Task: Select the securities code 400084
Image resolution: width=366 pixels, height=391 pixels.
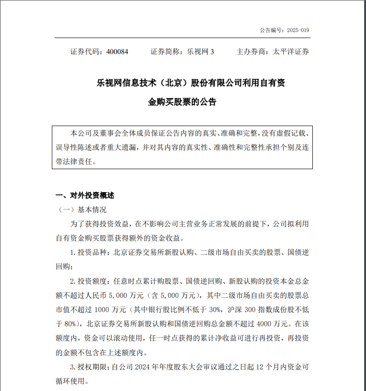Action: [117, 52]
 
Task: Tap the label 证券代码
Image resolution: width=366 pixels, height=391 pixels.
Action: [85, 52]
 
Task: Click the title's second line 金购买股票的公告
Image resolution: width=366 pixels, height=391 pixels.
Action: [182, 102]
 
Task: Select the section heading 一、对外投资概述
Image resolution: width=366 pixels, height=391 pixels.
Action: [85, 195]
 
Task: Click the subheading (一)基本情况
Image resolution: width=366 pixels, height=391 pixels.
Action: [81, 210]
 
